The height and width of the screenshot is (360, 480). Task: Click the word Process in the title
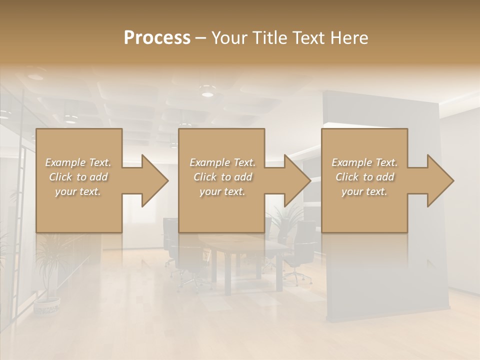pos(157,38)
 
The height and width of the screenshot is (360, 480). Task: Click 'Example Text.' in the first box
pos(78,162)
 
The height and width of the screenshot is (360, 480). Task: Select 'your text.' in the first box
pos(78,191)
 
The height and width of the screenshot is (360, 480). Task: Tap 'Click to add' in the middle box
pos(222,177)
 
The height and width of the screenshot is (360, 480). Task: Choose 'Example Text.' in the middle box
pos(222,162)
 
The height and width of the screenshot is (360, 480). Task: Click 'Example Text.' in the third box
pos(364,162)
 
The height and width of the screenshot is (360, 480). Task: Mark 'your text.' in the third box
pos(364,191)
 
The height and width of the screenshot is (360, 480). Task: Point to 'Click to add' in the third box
pos(364,177)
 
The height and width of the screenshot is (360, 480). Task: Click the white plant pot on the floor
pos(47,305)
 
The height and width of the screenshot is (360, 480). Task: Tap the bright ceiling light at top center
pos(207,93)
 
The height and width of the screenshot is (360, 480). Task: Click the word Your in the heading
pos(229,38)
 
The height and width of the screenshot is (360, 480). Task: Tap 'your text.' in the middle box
pos(222,191)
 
